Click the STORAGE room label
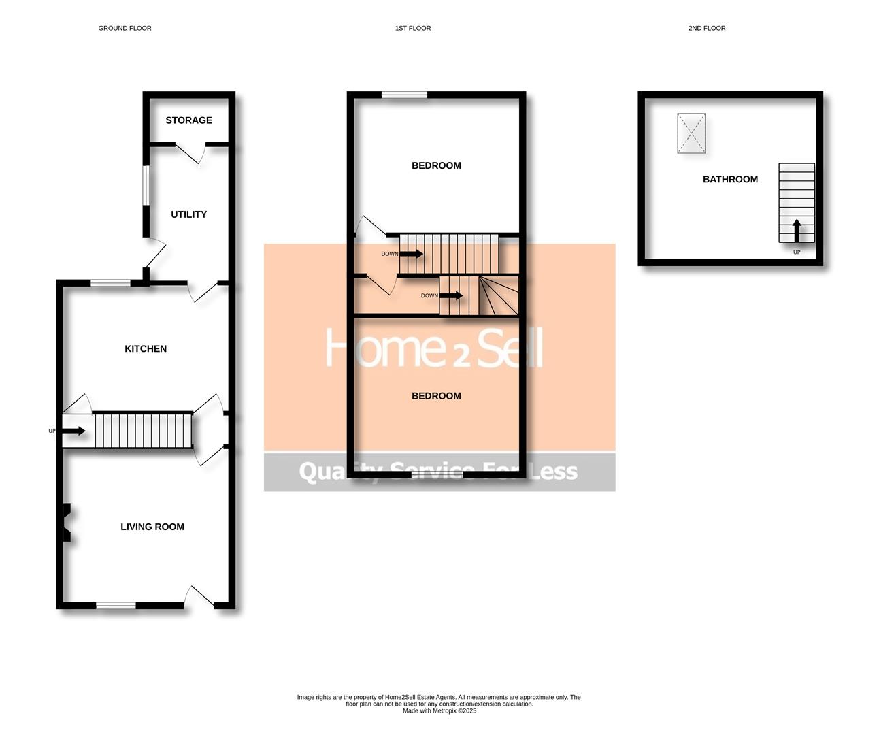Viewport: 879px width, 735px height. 188,120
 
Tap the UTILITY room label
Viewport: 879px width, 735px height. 188,214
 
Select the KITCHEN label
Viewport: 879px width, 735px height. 146,349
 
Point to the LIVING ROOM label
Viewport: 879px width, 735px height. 152,527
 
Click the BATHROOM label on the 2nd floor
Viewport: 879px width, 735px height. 730,180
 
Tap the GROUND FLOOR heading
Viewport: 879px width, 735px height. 125,28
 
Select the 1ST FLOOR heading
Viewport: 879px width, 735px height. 413,28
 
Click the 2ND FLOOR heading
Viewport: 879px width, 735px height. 707,28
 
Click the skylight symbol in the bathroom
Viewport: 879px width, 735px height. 691,133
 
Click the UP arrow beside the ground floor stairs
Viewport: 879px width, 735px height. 73,431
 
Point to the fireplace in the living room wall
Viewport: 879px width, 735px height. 67,522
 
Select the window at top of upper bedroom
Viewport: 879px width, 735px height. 404,95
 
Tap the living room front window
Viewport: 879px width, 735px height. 116,605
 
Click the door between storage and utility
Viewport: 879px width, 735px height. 191,152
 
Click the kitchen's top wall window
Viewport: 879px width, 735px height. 111,282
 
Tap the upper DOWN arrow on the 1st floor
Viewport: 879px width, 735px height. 411,254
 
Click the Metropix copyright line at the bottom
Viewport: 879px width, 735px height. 439,711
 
